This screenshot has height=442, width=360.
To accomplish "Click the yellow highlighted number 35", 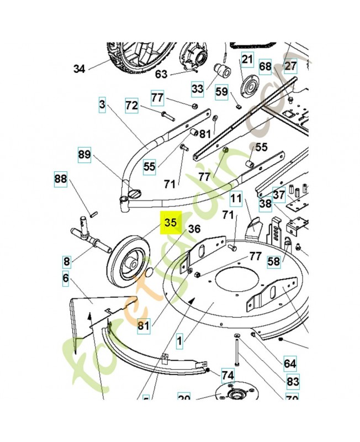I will click(x=170, y=223).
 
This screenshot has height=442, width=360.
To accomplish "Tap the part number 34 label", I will click(x=80, y=69).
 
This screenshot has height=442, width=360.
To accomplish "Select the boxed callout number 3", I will click(x=102, y=104).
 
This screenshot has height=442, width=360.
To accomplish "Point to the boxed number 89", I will click(x=84, y=154).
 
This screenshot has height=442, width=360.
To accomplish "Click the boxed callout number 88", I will click(x=60, y=178).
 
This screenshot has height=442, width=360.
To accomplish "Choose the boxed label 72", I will click(x=131, y=105).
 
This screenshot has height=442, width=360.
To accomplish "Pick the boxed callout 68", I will click(x=265, y=67).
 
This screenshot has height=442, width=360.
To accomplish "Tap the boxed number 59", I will click(x=221, y=91).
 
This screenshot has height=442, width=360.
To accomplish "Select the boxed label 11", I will click(x=236, y=198).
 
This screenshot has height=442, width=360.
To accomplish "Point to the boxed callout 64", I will click(x=290, y=364).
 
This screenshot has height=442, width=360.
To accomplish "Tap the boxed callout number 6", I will click(x=66, y=278).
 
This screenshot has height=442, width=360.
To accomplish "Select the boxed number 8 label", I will click(x=67, y=261).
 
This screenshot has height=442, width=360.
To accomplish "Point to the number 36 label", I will click(x=194, y=229).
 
